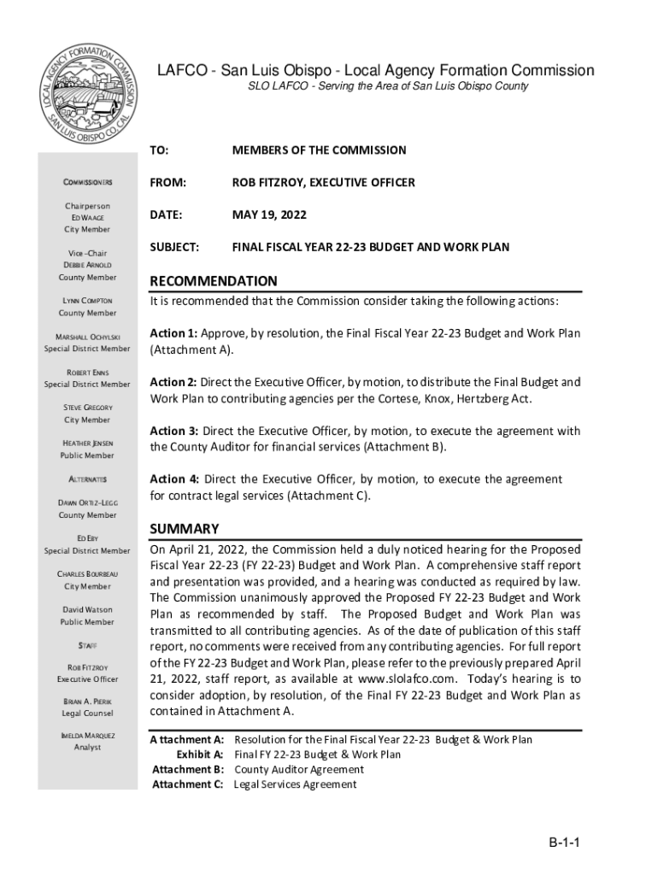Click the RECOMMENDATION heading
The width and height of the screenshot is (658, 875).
[x=214, y=281]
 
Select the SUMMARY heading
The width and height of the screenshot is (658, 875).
[x=184, y=528]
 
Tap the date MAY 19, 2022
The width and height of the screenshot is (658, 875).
[x=269, y=214]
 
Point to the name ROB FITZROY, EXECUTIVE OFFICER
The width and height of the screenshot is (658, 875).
[x=324, y=182]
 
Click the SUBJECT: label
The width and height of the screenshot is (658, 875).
[x=174, y=247]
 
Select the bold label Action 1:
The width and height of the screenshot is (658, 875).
[x=174, y=333]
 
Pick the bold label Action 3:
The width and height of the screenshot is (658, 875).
[x=174, y=431]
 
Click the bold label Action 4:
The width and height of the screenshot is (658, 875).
[x=174, y=479]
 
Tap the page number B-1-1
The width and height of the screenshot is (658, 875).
[x=565, y=843]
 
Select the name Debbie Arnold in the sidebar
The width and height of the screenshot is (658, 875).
[x=87, y=265]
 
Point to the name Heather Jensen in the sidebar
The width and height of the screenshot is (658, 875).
[x=87, y=443]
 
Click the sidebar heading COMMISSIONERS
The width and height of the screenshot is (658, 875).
[x=87, y=183]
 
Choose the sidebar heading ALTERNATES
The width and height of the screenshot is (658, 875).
[x=87, y=479]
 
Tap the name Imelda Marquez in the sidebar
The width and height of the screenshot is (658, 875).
[x=87, y=735]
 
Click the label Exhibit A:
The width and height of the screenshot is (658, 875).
[x=200, y=755]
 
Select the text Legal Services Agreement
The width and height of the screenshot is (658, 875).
[x=295, y=784]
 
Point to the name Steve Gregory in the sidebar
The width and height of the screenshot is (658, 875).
[x=87, y=408]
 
